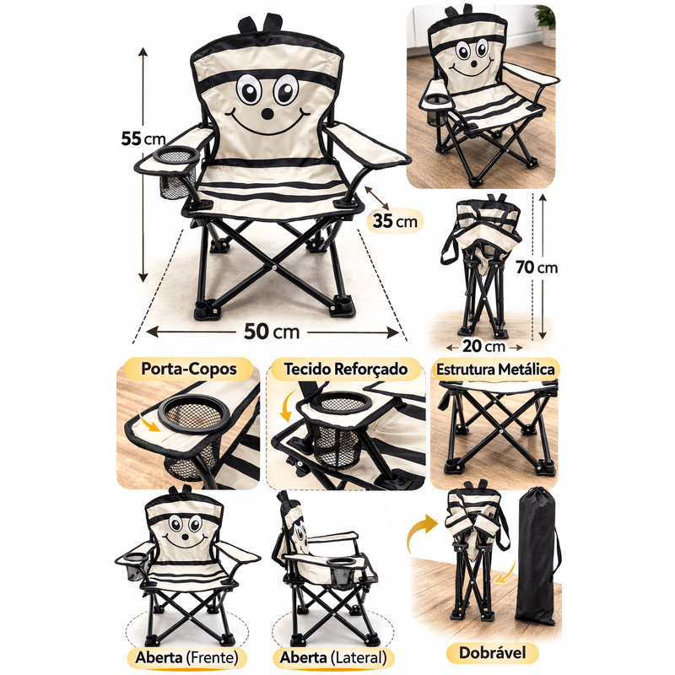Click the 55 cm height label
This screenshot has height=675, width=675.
tap(143, 138)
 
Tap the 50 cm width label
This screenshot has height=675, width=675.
tap(272, 332)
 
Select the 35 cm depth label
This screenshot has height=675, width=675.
tap(395, 221)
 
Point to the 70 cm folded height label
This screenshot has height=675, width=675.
tap(537, 267)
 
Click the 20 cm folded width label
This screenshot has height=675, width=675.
tap(484, 346)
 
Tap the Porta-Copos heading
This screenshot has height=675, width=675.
tap(189, 369)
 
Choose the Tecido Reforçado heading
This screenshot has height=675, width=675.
tap(346, 369)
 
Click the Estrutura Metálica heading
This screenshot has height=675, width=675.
tap(495, 370)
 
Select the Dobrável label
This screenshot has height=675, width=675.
tap(493, 652)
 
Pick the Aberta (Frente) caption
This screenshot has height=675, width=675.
tap(186, 657)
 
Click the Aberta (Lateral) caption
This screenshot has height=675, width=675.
tap(333, 657)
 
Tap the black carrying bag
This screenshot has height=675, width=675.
tap(537, 555)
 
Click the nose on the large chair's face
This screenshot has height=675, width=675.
tap(267, 114)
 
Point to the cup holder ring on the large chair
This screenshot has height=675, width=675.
tap(177, 155)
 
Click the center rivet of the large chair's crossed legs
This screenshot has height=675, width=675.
tap(274, 267)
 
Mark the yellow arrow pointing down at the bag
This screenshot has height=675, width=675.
tap(505, 572)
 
